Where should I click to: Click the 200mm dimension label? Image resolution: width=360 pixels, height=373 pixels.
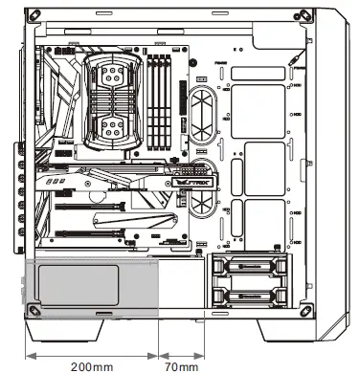coord(91,365)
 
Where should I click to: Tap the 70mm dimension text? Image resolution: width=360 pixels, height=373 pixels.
coord(182,365)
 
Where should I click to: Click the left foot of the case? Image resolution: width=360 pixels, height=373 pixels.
coord(62,330)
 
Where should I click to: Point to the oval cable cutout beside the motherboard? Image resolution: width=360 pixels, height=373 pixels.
coord(203,112)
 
